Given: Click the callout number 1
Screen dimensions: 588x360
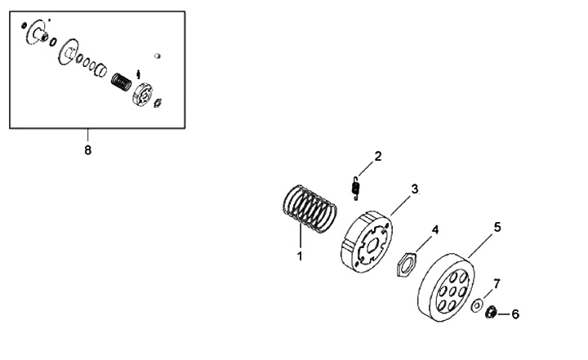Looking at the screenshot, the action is coord(300,256).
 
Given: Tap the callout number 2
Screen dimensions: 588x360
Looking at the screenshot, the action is coord(378,156).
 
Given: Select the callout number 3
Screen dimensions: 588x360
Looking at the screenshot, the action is coord(415,189).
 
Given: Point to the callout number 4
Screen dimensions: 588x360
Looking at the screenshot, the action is coord(435,230).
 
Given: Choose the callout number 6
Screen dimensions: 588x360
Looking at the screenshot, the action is coord(514,313).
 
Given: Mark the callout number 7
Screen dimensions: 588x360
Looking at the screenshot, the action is coord(497,283).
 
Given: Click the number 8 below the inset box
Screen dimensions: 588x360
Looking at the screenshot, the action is coord(88,151).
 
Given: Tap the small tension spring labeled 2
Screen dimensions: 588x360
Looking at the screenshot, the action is coord(355,189).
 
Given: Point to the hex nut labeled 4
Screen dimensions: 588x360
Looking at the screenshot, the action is coord(408,264).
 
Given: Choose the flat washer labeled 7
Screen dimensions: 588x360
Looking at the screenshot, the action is coord(476,306).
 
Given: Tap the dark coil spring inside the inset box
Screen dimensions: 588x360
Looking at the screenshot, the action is coord(121,82).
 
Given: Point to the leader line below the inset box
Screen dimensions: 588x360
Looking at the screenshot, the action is coord(88,135).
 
